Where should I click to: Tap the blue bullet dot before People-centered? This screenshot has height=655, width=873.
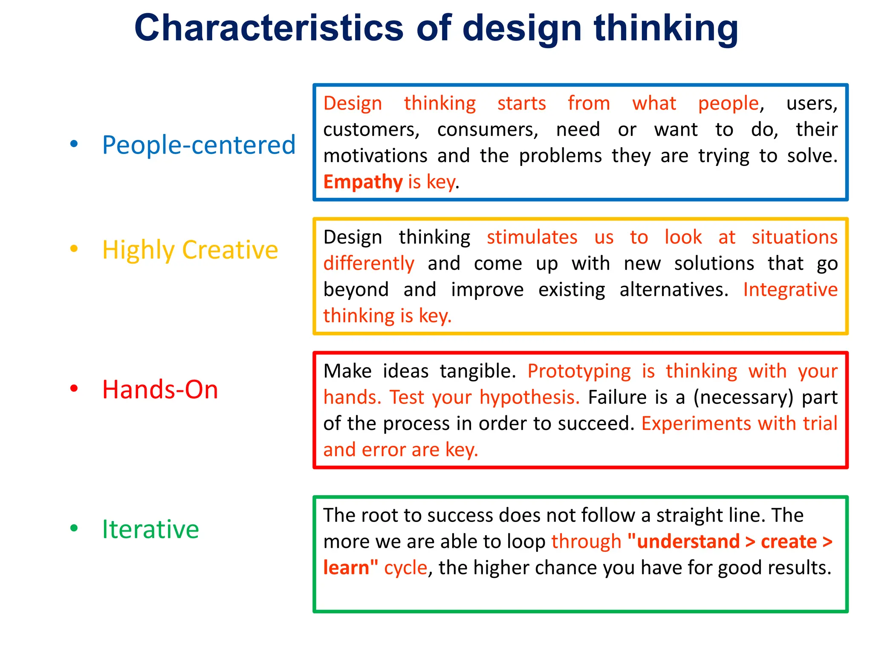click(x=74, y=144)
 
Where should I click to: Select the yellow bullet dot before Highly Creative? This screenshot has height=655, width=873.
click(x=74, y=249)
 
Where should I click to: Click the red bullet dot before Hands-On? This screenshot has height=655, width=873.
click(x=74, y=388)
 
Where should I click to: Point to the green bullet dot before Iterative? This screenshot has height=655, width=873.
click(x=74, y=528)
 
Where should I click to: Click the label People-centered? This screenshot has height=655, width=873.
click(x=199, y=145)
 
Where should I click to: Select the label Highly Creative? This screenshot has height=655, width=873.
click(x=190, y=250)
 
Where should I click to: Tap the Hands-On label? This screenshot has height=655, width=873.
click(x=160, y=389)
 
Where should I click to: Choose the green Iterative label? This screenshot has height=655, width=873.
click(x=150, y=529)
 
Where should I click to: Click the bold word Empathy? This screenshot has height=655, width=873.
click(x=363, y=182)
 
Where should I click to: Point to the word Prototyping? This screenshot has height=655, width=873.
click(x=579, y=371)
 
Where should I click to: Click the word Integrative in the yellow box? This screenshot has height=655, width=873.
click(x=790, y=290)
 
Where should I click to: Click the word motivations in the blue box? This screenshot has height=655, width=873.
click(x=375, y=156)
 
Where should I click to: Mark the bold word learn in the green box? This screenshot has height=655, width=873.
click(x=346, y=568)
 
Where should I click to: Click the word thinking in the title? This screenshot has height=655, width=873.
click(x=666, y=28)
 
